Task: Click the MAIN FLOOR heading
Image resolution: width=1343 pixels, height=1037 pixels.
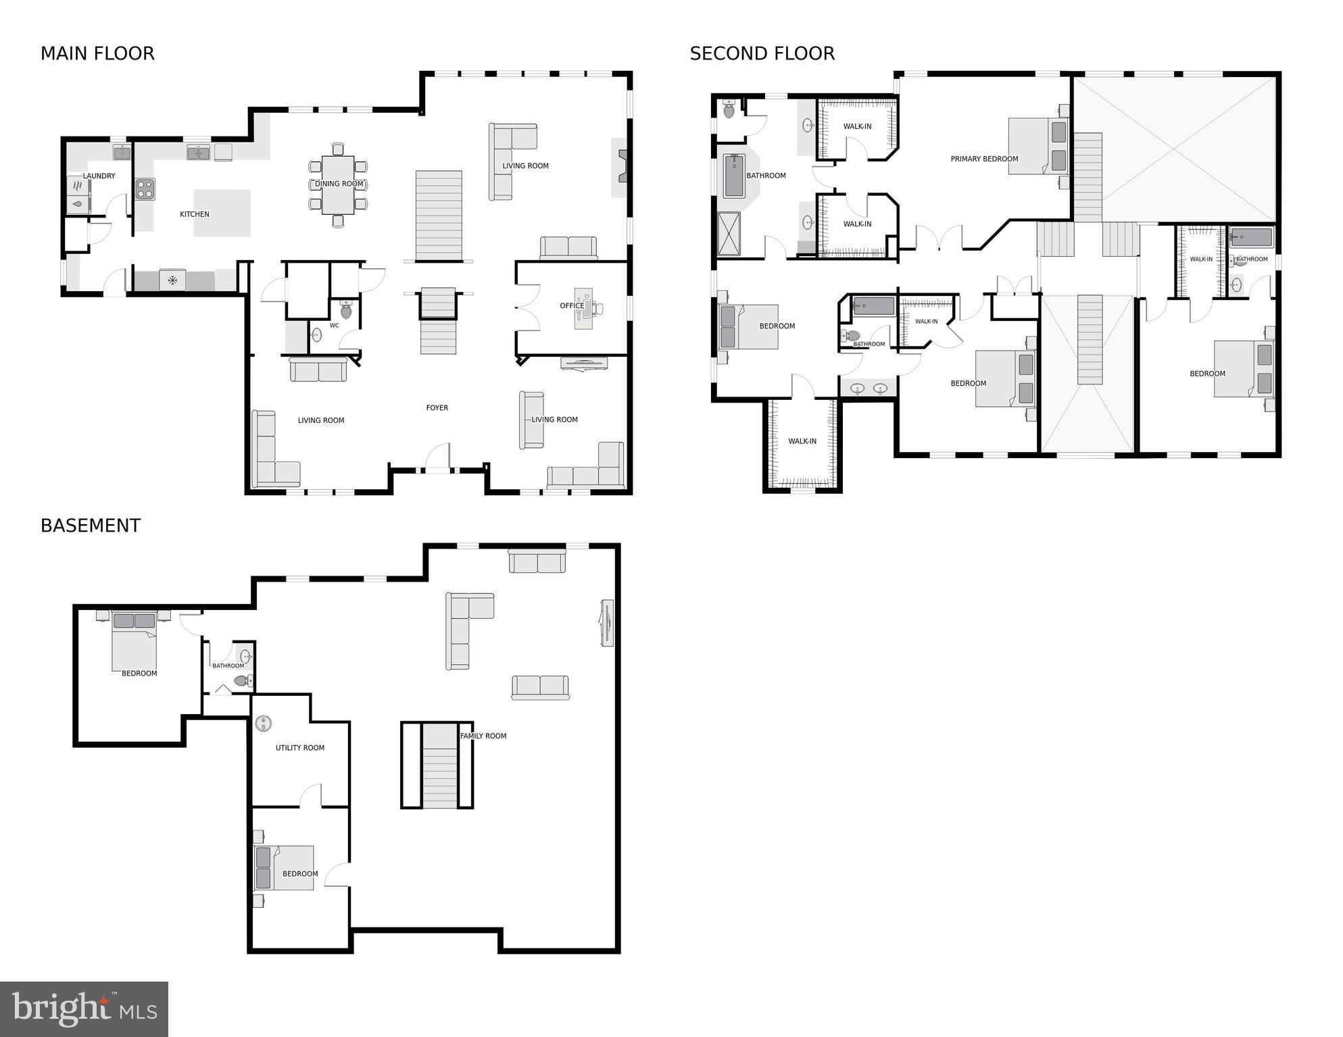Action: point(97,53)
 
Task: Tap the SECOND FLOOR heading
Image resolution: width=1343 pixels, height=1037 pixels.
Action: point(762,53)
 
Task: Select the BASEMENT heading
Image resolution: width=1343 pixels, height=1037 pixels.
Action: point(91,526)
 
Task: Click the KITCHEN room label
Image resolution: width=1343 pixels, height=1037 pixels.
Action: point(195,214)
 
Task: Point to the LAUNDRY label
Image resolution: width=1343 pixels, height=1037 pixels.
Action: point(99,176)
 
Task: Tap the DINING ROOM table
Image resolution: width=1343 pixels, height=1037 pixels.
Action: point(338,184)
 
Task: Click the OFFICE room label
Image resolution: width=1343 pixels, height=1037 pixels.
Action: point(572,306)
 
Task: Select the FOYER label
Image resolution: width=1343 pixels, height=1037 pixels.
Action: point(437,408)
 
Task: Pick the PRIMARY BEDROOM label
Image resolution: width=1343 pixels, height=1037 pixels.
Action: point(984,159)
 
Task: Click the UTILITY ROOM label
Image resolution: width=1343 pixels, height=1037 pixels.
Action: point(300,748)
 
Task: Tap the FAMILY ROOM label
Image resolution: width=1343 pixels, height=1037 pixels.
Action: point(483,736)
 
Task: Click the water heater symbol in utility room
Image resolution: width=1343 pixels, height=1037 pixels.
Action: point(264,724)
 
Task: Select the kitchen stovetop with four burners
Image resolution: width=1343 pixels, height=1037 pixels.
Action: point(145,189)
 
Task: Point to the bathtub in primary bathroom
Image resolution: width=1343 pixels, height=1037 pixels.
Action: point(734,176)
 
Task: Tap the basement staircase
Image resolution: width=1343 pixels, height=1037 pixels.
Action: point(440,766)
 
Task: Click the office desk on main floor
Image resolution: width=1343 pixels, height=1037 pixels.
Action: point(583,309)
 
